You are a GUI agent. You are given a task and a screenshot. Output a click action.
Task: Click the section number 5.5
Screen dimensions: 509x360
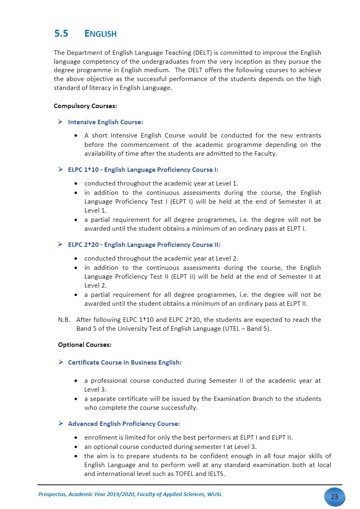click(x=61, y=34)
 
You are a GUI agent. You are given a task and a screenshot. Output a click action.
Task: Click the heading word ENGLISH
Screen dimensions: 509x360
click(x=101, y=34)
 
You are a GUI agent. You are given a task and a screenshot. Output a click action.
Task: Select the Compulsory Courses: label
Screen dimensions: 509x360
click(x=85, y=106)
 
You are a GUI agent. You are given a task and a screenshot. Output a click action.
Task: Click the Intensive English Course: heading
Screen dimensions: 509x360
click(x=106, y=122)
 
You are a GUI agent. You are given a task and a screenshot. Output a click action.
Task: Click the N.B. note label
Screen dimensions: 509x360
click(x=65, y=320)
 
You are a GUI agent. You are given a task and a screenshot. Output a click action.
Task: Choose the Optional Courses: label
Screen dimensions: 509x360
click(x=85, y=345)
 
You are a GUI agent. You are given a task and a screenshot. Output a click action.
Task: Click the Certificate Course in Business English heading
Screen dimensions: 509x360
click(x=125, y=362)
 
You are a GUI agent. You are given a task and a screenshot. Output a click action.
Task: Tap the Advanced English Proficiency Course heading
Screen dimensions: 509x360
click(x=124, y=423)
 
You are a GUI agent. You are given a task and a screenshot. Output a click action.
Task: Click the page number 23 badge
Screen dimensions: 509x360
click(x=334, y=496)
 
